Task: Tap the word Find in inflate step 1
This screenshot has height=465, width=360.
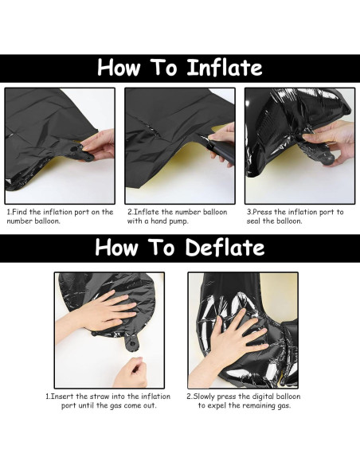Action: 22,213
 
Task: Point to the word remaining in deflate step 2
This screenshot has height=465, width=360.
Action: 270,405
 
